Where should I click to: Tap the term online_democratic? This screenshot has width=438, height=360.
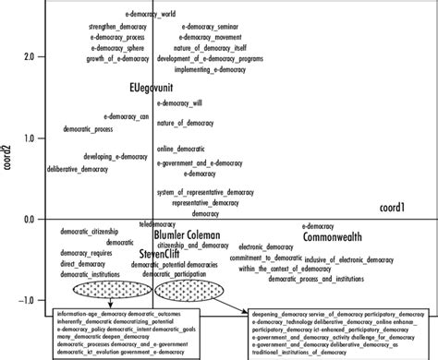179,149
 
